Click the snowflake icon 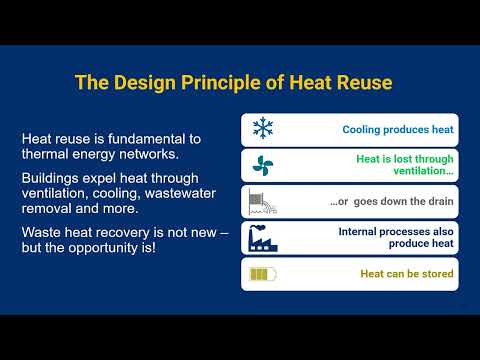click(x=263, y=129)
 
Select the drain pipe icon click(x=263, y=202)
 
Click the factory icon click(x=263, y=238)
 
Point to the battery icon click(x=263, y=274)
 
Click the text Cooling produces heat click(x=397, y=130)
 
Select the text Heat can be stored click(x=406, y=274)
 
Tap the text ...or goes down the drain click(x=392, y=202)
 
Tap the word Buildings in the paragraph click(x=55, y=176)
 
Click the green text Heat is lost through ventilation click(x=404, y=166)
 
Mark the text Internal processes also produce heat click(x=396, y=238)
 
